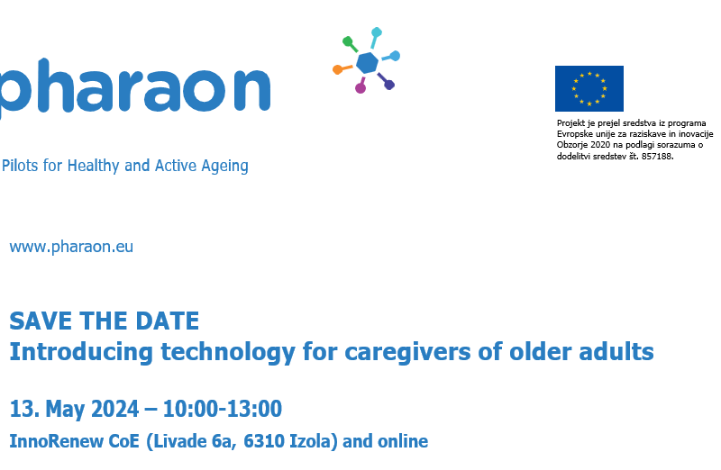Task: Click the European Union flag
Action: (x=589, y=88)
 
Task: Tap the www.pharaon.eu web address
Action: (x=71, y=247)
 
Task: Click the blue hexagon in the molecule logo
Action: (x=368, y=62)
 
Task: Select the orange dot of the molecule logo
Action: (x=337, y=69)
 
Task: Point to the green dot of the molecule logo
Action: (x=348, y=41)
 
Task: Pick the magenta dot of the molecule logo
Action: (x=360, y=87)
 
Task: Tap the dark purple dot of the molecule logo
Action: (x=389, y=85)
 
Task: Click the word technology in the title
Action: (x=228, y=353)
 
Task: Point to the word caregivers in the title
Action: (x=408, y=353)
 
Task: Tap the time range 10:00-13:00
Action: (x=222, y=409)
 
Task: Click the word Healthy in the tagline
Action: (x=94, y=166)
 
